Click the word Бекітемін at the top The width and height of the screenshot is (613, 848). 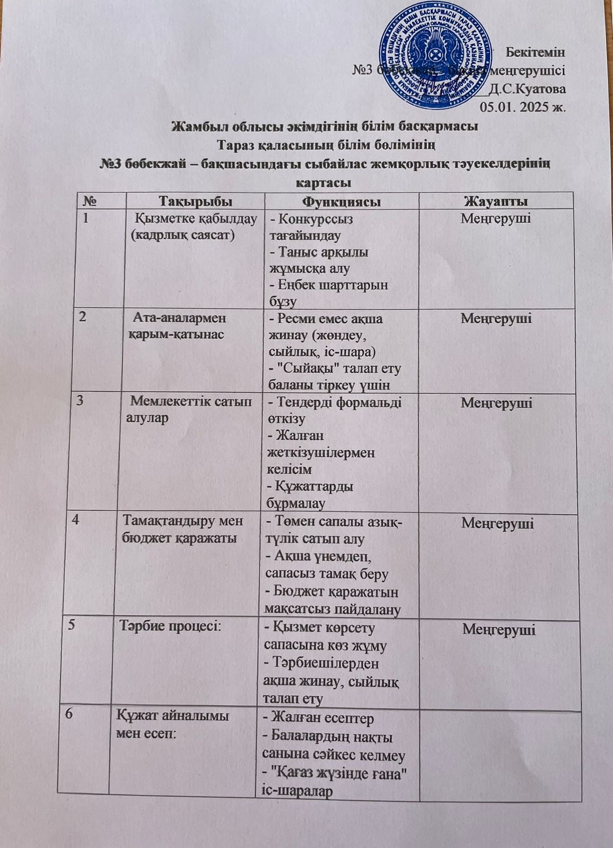click(x=536, y=52)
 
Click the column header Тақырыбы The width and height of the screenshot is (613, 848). click(x=196, y=201)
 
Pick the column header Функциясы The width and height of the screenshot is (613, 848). click(x=342, y=201)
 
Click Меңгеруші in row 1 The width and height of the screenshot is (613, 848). click(x=496, y=218)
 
